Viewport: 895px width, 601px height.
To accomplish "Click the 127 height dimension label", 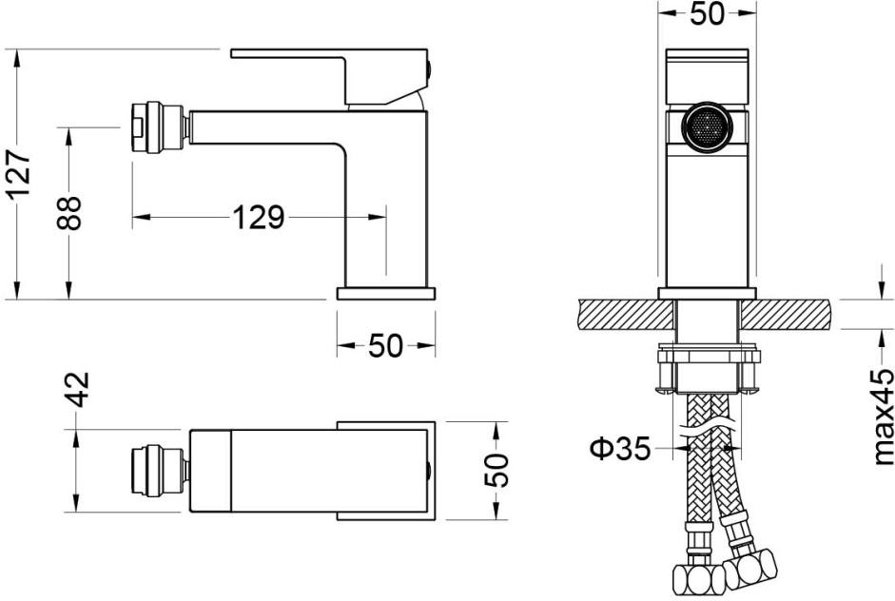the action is [x=20, y=173].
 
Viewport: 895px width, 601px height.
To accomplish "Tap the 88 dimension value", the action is [x=69, y=213].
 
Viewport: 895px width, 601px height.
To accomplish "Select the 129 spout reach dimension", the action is [x=259, y=218].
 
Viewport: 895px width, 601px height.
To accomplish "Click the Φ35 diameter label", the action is [x=620, y=448].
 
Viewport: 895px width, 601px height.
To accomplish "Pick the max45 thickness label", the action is [x=883, y=417].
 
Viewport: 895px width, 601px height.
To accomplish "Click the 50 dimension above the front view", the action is [x=707, y=13].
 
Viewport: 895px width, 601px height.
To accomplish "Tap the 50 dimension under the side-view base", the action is [x=386, y=346].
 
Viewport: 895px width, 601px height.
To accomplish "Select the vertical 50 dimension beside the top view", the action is [x=496, y=470].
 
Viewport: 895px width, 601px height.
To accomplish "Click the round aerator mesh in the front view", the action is [x=708, y=127].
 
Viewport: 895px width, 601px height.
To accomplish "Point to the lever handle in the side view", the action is [x=329, y=76].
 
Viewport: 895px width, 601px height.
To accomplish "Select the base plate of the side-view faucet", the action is [x=386, y=293].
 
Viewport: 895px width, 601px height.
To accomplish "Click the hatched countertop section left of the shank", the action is [x=625, y=315].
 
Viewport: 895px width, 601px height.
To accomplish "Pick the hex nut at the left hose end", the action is [x=692, y=580].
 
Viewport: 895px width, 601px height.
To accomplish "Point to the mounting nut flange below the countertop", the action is [x=709, y=357].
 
